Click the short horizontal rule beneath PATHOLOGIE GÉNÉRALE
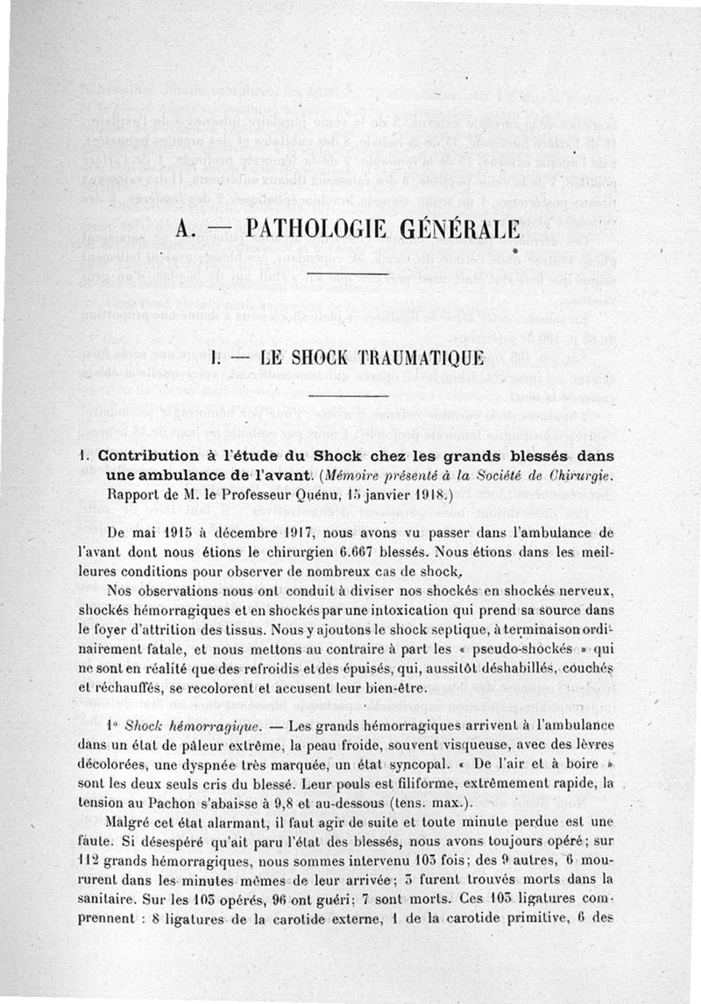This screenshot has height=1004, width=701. pyautogui.click(x=349, y=276)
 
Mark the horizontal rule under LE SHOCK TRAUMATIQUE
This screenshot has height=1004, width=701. pyautogui.click(x=349, y=399)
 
